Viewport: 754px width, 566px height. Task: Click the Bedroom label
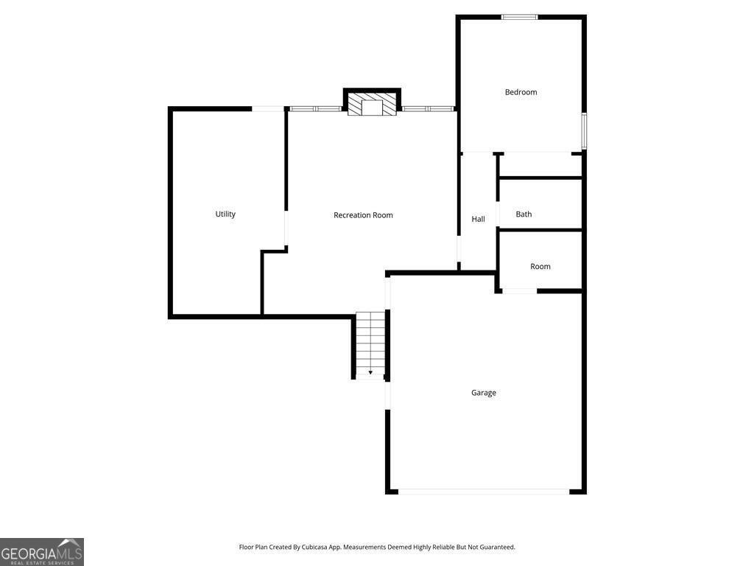point(521,92)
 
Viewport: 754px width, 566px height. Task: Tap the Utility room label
point(225,214)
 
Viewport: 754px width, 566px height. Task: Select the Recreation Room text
point(363,215)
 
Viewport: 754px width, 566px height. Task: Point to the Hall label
point(479,219)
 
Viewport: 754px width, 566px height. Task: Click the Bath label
point(524,214)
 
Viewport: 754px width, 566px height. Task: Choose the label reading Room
point(540,266)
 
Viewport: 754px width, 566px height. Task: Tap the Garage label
point(484,393)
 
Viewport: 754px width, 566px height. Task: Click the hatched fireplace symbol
point(372,105)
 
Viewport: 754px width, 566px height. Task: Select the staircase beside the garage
point(370,343)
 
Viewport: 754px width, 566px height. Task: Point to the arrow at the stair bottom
point(370,373)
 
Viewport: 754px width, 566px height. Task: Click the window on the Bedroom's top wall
point(520,17)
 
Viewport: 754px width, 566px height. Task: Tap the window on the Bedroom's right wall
point(584,131)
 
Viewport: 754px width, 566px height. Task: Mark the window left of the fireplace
point(315,109)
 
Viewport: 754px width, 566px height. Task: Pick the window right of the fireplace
point(428,109)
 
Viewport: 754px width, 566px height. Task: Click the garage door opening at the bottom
point(484,491)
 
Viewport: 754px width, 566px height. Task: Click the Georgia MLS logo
point(42,552)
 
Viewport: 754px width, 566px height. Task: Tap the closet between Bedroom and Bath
point(540,165)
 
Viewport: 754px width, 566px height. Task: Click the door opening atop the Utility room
point(268,109)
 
